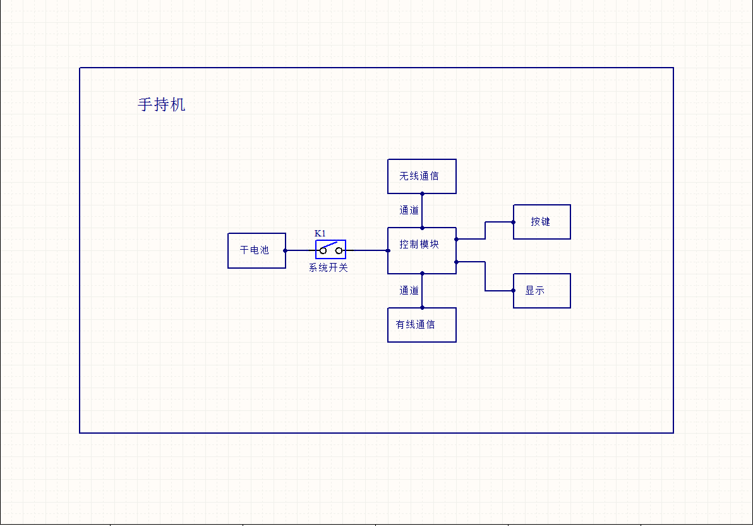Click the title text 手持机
[162, 104]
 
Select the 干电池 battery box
[256, 250]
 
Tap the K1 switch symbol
[331, 249]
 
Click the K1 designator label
[320, 233]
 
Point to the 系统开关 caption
[328, 267]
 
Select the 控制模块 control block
[421, 250]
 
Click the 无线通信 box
[421, 176]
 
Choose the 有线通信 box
[421, 324]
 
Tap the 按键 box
[541, 221]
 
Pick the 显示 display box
[541, 290]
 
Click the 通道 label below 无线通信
[409, 211]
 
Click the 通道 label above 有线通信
[409, 291]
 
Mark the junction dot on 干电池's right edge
[286, 250]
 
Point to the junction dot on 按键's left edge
[514, 222]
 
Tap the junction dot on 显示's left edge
[514, 291]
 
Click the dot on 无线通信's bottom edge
[422, 193]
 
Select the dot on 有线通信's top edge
[422, 308]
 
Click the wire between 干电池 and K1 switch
[301, 250]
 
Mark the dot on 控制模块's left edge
[388, 250]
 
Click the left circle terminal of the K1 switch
[323, 251]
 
